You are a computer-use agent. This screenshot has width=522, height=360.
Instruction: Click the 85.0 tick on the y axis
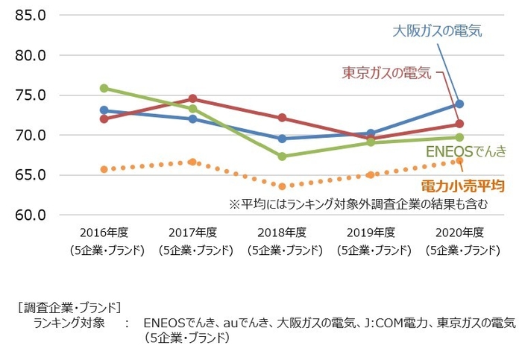click(x=31, y=15)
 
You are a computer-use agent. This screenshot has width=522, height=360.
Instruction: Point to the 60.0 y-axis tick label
click(x=31, y=215)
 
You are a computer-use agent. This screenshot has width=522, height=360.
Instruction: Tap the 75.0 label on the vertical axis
click(x=31, y=95)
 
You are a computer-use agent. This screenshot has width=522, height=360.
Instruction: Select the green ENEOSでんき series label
click(x=465, y=151)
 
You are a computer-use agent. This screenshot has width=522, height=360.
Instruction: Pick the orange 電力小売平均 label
click(x=462, y=184)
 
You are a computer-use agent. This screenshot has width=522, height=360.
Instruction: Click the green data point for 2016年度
click(x=104, y=88)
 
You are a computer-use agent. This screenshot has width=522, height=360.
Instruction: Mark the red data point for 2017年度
click(x=193, y=98)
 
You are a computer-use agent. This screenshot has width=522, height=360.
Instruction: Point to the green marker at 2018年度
click(x=282, y=157)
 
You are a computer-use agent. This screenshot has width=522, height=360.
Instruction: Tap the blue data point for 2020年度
click(x=459, y=104)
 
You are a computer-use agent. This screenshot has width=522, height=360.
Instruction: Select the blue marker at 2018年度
click(x=282, y=139)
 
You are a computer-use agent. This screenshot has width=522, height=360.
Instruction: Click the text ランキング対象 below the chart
click(x=69, y=323)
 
